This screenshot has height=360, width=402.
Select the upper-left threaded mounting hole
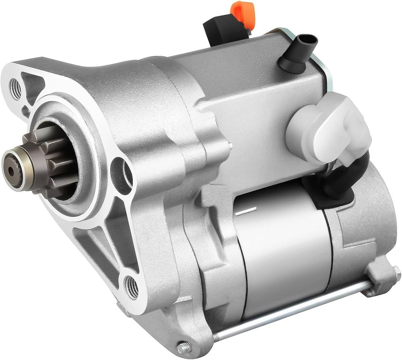tap(15, 89)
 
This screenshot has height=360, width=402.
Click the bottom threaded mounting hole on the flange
tap(131, 287)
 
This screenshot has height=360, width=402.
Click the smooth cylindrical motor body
tap(283, 253)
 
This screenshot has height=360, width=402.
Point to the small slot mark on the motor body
tap(246, 212)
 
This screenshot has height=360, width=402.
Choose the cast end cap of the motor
tap(365, 231)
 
